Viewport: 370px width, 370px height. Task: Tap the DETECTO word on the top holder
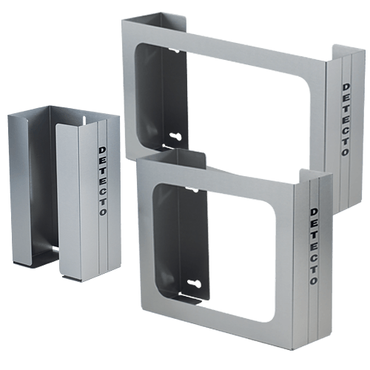pos(346,119)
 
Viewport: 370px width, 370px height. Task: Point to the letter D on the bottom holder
pos(312,210)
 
